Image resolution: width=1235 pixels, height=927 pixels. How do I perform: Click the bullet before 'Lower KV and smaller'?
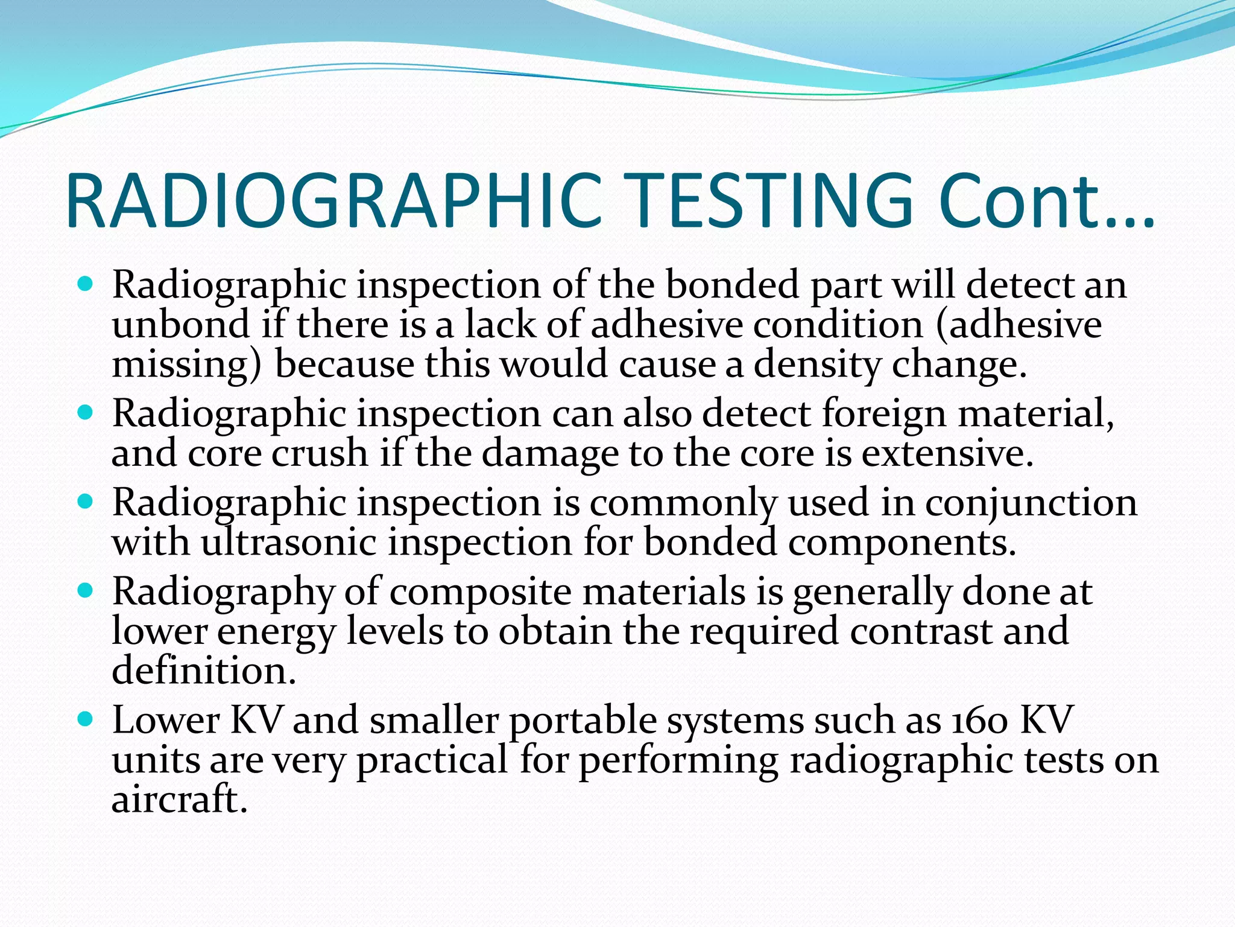tap(86, 719)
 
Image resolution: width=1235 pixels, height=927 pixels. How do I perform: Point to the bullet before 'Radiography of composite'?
tap(86, 590)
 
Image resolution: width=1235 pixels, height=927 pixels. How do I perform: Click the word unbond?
tap(180, 324)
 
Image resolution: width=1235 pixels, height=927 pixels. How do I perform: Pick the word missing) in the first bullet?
tap(187, 366)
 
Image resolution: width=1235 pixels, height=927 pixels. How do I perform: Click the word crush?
tap(320, 453)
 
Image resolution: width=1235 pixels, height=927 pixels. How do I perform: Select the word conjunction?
tap(1031, 503)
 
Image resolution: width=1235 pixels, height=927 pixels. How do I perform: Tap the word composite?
tap(480, 592)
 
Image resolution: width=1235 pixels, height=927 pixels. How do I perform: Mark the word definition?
tap(204, 671)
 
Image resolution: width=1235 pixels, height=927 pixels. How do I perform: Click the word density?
tap(816, 366)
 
